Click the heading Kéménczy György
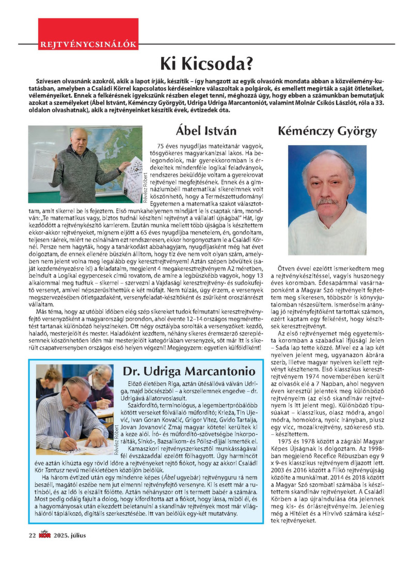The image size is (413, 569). [x=327, y=131]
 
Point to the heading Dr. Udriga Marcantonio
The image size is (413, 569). [x=188, y=371]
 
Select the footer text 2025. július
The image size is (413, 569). [x=69, y=535]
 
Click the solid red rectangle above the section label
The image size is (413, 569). [x=88, y=28]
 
